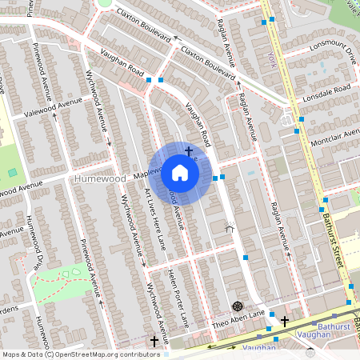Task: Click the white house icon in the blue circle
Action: (x=180, y=173)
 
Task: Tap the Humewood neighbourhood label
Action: (x=100, y=179)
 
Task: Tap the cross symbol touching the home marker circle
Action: (x=189, y=150)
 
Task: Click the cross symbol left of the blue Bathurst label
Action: (x=285, y=321)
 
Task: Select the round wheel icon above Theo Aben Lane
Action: (x=237, y=306)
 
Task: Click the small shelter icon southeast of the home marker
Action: (x=230, y=228)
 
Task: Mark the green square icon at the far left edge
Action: (x=12, y=172)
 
